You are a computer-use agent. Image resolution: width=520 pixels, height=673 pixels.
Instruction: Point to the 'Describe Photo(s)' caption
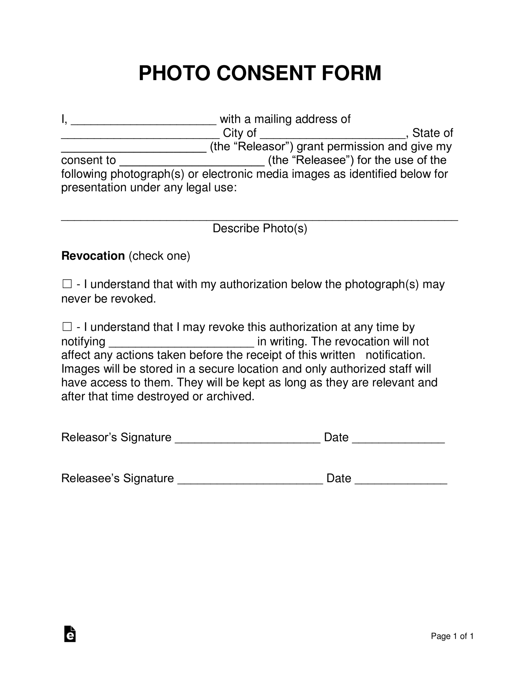click(x=260, y=228)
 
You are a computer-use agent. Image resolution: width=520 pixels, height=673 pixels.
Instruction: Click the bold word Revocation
click(x=93, y=256)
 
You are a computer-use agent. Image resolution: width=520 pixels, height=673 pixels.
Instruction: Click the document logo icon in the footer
click(x=70, y=634)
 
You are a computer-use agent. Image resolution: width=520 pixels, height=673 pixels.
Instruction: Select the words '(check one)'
click(x=159, y=256)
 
